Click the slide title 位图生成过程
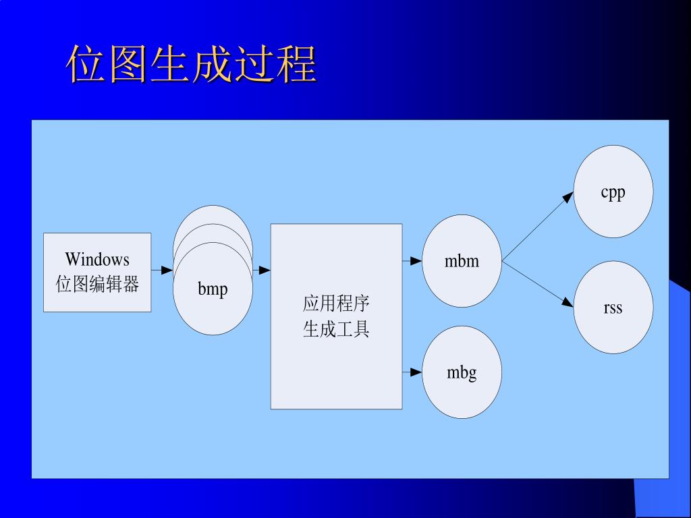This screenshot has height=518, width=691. pyautogui.click(x=192, y=65)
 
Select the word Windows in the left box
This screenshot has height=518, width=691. pyautogui.click(x=97, y=260)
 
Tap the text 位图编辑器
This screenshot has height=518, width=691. pyautogui.click(x=97, y=284)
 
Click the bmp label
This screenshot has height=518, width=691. pyautogui.click(x=213, y=289)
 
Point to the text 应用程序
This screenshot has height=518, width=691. pyautogui.click(x=336, y=303)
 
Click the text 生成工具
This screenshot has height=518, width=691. pyautogui.click(x=336, y=329)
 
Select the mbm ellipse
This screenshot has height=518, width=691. pyautogui.click(x=462, y=261)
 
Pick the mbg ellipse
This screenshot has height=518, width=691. pyautogui.click(x=462, y=372)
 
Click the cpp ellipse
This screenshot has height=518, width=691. pyautogui.click(x=613, y=192)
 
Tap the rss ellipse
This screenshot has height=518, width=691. pyautogui.click(x=613, y=308)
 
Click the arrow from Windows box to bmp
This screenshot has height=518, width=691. pyautogui.click(x=162, y=270)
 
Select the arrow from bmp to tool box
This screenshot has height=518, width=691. pyautogui.click(x=262, y=270)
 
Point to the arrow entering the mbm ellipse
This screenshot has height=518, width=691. pyautogui.click(x=412, y=261)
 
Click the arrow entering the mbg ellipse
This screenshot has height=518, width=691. pyautogui.click(x=412, y=372)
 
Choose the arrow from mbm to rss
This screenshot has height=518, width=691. pyautogui.click(x=538, y=285)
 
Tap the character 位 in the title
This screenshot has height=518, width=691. pyautogui.click(x=86, y=65)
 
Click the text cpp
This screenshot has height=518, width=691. pyautogui.click(x=613, y=192)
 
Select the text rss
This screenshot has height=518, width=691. pyautogui.click(x=613, y=308)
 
